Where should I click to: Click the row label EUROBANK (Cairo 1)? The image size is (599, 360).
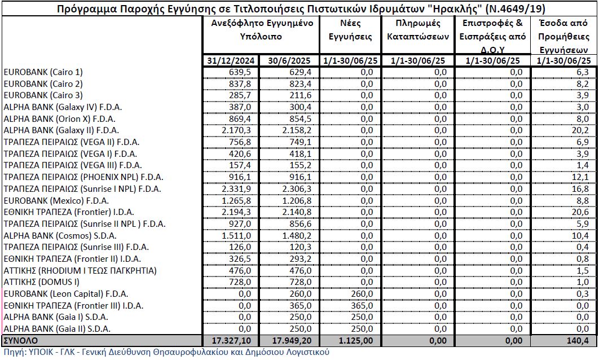click(x=43, y=72)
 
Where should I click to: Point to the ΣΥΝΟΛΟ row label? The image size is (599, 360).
click(x=21, y=341)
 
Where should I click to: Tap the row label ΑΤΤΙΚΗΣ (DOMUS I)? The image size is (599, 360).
click(x=42, y=282)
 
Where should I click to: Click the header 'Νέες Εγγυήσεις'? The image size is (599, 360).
click(x=351, y=30)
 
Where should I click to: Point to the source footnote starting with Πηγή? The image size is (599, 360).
click(x=166, y=353)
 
